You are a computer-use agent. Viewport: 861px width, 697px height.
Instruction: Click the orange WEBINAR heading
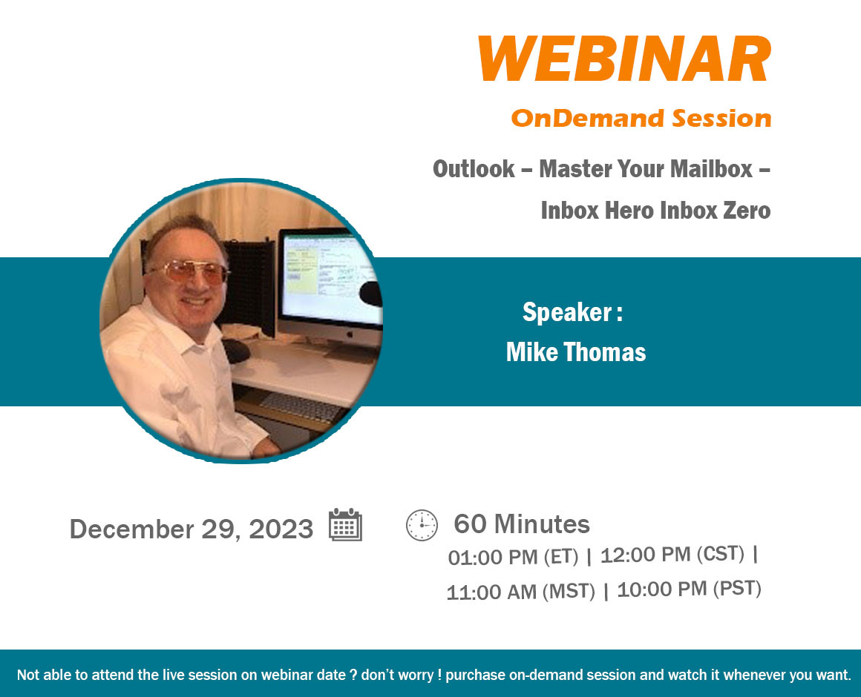tap(625, 59)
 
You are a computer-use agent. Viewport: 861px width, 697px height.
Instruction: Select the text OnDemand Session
tap(641, 119)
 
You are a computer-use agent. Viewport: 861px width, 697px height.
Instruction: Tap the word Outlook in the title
tap(474, 169)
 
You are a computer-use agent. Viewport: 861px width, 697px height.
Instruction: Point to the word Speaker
tap(566, 313)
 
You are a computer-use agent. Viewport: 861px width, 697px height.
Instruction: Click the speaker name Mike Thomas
tap(575, 352)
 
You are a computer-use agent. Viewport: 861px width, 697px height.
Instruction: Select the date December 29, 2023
tap(191, 529)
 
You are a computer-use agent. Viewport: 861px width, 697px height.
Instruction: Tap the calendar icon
tap(345, 525)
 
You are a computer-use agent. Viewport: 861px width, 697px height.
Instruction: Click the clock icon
tap(422, 526)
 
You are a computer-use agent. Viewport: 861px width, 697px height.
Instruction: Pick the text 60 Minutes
tap(522, 524)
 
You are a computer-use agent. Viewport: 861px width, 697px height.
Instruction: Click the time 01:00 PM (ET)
tap(513, 557)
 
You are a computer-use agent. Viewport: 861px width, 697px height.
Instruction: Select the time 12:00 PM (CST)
tap(672, 555)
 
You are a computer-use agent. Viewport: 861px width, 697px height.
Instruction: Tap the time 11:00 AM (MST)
tap(520, 592)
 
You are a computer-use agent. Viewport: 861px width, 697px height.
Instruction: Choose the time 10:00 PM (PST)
tap(689, 589)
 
